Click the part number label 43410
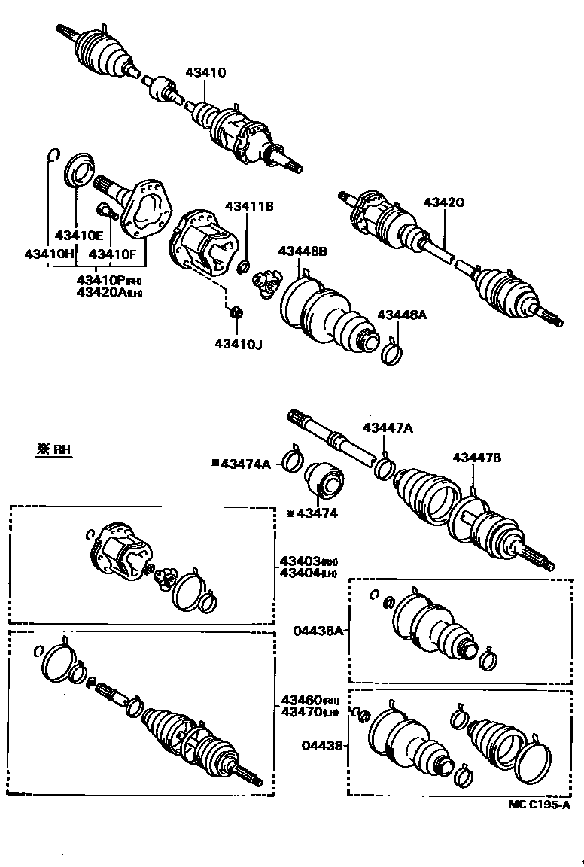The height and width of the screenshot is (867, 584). click(206, 73)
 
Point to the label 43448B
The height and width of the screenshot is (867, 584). click(303, 251)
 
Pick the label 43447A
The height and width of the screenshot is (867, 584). click(388, 427)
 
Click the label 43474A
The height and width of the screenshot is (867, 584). click(245, 464)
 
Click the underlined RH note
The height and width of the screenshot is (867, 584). click(54, 449)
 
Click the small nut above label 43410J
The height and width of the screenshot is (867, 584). click(236, 312)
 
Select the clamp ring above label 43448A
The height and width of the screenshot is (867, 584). click(392, 351)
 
